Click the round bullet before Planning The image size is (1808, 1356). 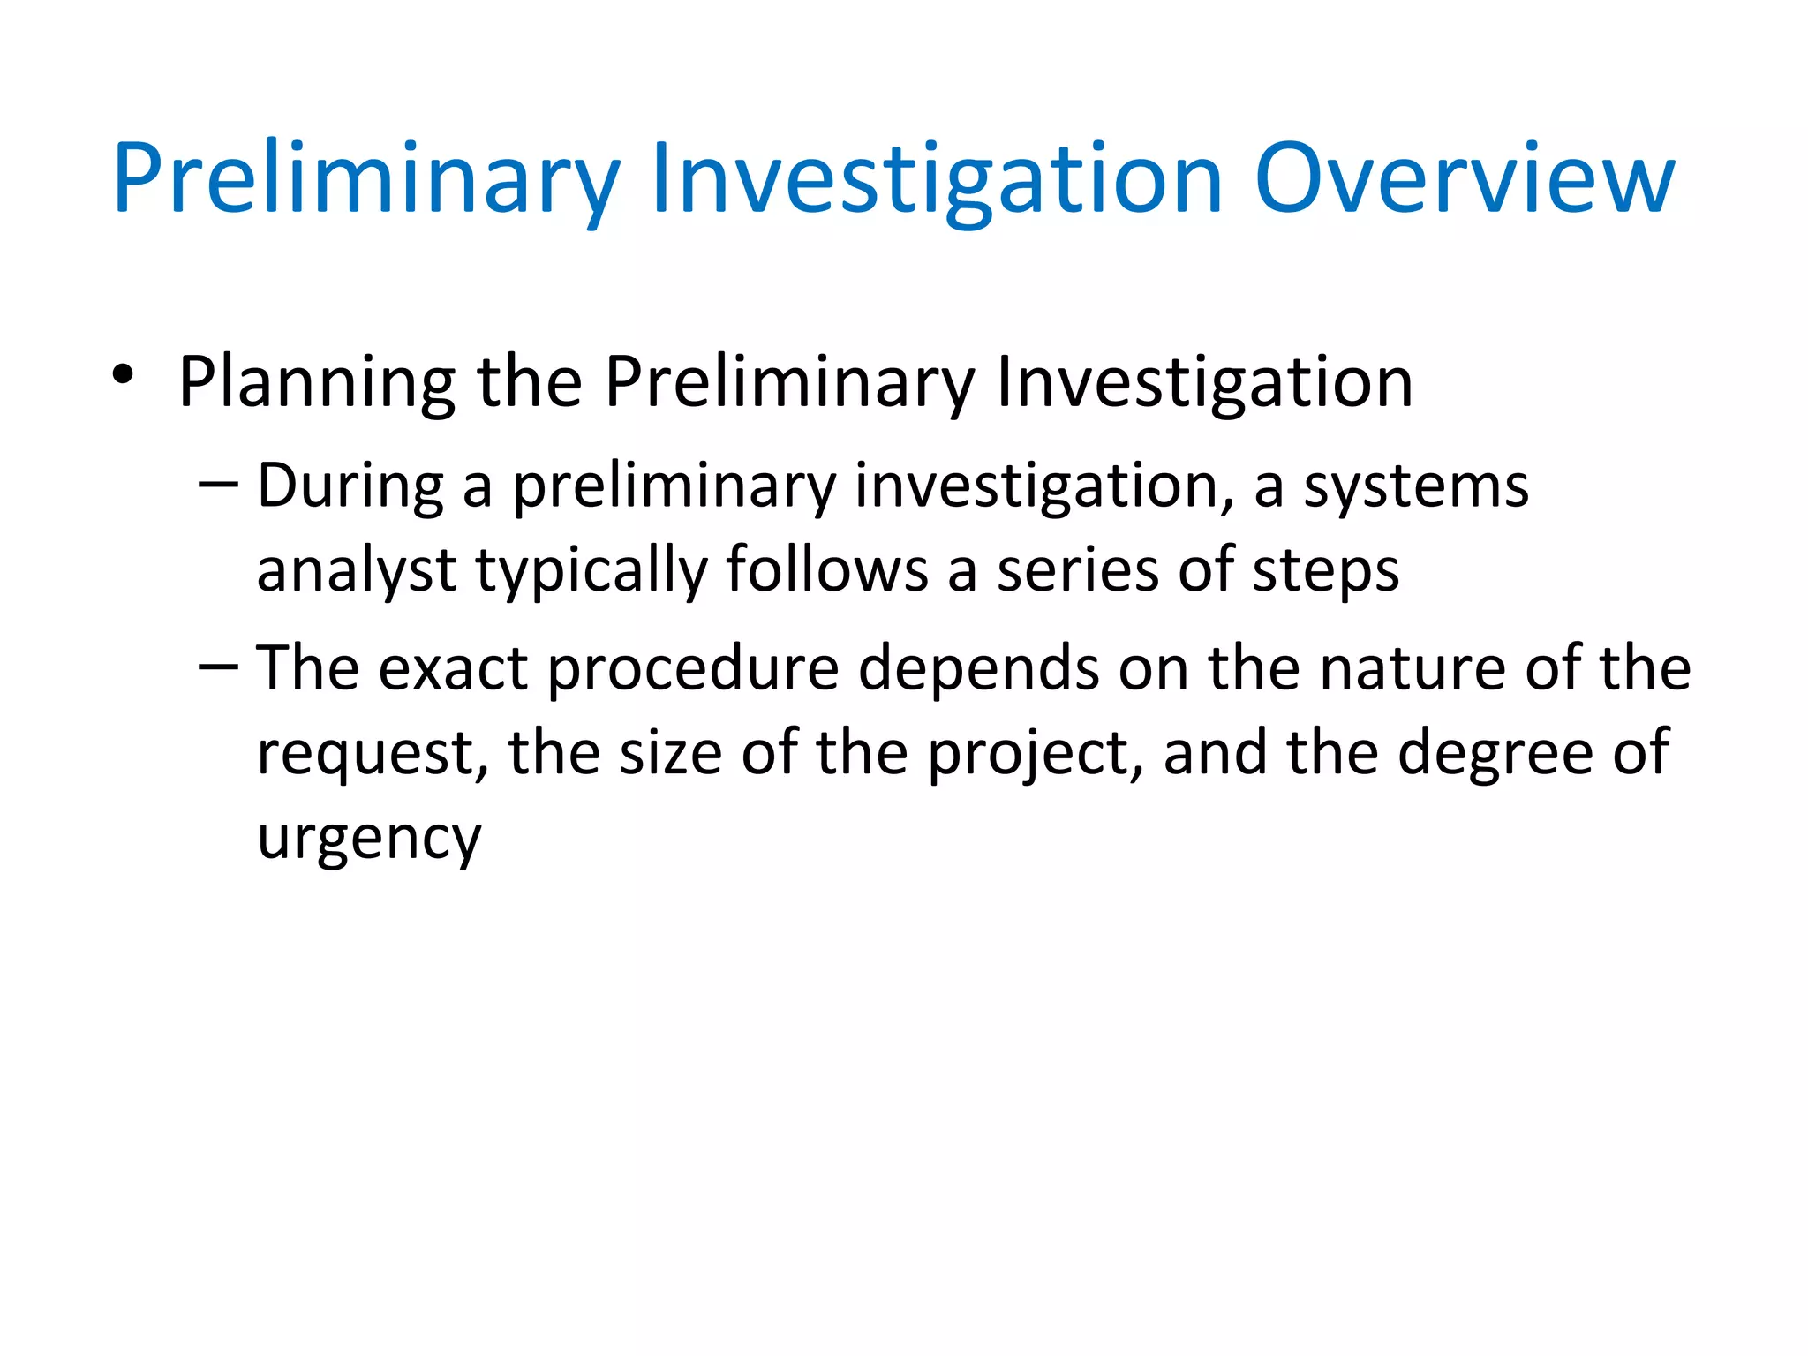[123, 375]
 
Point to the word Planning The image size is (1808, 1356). [317, 383]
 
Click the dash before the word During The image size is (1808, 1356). [218, 485]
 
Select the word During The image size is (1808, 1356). [350, 486]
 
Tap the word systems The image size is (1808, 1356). [1416, 488]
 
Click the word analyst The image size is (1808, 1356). [356, 570]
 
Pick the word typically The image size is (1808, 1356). [591, 570]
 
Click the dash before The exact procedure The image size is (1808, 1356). [218, 667]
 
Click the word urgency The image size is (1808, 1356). [369, 838]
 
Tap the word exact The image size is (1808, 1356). [454, 668]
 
